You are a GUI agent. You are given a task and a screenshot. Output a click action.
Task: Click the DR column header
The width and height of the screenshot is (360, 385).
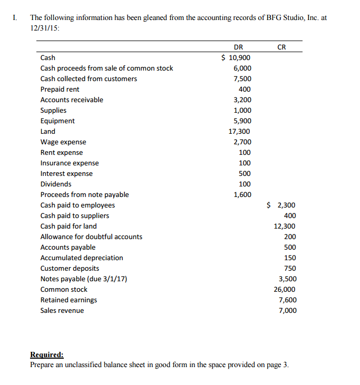(238, 47)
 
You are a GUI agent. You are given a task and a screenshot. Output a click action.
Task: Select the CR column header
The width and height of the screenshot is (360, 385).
(281, 47)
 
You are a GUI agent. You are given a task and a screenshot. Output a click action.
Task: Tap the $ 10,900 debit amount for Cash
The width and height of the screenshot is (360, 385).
(236, 58)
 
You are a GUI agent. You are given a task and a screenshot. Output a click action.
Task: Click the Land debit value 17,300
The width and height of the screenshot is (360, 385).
(240, 132)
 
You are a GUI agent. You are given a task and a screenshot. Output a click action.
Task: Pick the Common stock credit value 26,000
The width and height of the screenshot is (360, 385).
(285, 290)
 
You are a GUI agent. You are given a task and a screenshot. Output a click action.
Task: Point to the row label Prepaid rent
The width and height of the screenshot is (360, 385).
(60, 90)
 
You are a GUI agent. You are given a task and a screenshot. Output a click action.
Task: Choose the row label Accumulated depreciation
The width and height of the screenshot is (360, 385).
(82, 258)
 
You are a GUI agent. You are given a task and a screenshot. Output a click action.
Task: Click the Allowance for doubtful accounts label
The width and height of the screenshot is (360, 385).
(91, 237)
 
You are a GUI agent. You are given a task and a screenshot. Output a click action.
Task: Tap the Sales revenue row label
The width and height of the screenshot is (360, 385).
(62, 311)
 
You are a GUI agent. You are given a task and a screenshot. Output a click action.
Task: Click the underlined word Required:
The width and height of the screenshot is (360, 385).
(47, 354)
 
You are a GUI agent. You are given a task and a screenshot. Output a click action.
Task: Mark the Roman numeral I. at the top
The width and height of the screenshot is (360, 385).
(14, 17)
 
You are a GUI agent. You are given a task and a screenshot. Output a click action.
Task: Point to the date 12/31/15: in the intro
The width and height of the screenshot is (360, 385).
(45, 27)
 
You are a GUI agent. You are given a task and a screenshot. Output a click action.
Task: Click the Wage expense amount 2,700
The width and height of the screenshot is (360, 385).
(242, 142)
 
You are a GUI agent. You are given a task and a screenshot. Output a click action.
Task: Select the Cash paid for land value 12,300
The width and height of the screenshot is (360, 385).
(285, 226)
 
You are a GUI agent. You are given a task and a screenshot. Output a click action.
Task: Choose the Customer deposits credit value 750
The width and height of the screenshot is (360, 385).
(290, 269)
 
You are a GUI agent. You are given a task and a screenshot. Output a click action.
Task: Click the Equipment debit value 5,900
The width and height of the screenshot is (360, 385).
(242, 121)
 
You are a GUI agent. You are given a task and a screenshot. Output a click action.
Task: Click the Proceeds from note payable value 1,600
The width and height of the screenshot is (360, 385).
(242, 195)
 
